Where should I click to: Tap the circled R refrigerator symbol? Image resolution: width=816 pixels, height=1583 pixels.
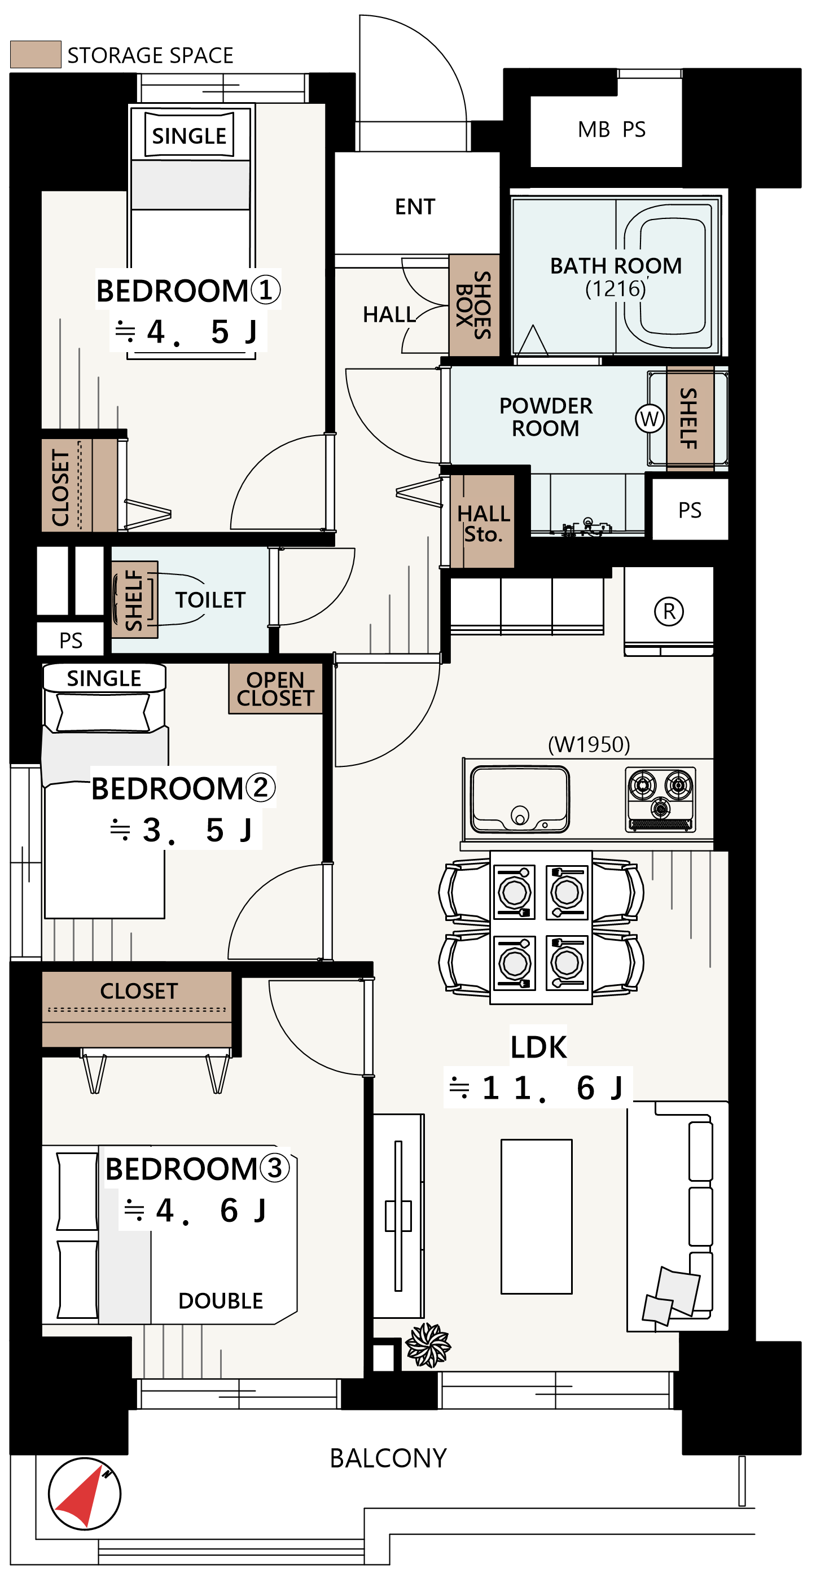click(x=669, y=611)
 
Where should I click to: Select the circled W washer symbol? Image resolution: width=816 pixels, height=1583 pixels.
click(x=649, y=419)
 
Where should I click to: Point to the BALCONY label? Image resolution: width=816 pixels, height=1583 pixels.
click(x=388, y=1458)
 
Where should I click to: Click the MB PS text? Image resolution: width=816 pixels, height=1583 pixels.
click(x=611, y=130)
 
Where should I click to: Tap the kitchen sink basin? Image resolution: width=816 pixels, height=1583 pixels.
click(x=519, y=799)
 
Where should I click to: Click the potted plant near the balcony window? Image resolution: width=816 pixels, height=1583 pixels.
click(x=428, y=1345)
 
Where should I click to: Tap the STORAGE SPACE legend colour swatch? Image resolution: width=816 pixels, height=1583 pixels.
click(x=36, y=54)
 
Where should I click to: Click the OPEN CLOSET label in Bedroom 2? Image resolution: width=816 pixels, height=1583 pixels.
click(x=275, y=689)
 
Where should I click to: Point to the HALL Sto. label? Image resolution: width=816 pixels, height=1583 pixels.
click(x=484, y=524)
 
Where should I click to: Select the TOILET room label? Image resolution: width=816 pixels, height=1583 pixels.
click(x=210, y=600)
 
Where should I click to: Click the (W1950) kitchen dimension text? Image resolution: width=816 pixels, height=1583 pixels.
click(x=589, y=744)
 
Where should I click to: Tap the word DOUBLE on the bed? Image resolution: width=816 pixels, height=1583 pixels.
click(x=221, y=1301)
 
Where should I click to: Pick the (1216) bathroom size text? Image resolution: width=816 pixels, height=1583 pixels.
click(x=616, y=288)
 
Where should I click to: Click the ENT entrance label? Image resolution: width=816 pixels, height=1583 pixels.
click(x=415, y=207)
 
